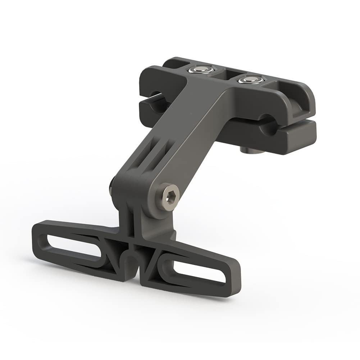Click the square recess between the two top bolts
(x=225, y=74)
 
